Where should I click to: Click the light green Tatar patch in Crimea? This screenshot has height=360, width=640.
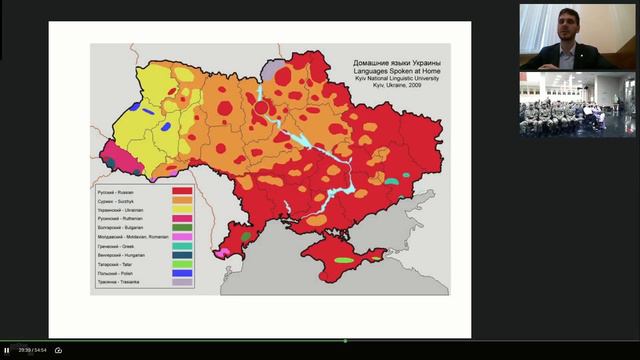click(x=344, y=260)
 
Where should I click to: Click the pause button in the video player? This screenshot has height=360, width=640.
click(x=6, y=350)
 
